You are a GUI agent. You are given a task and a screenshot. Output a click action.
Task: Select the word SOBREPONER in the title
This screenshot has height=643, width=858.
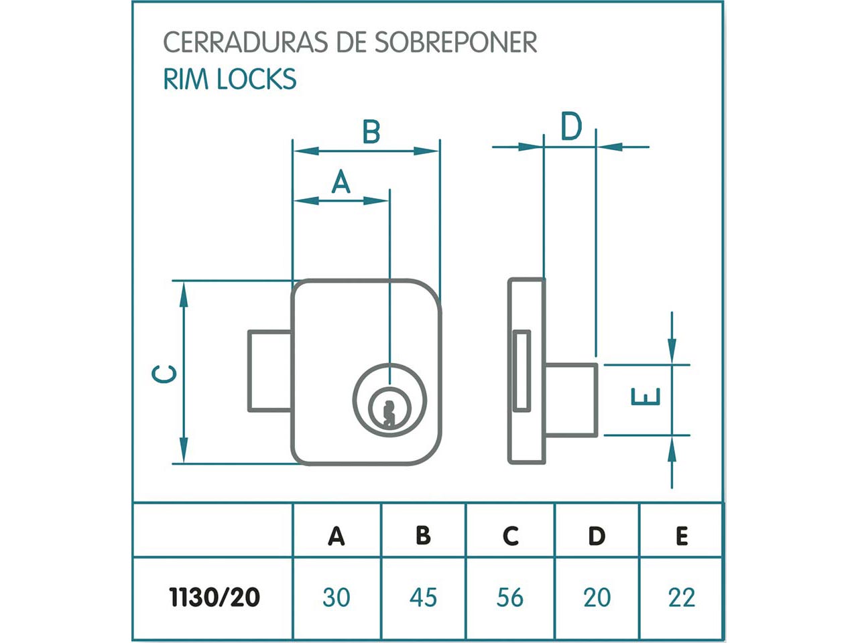[455, 42]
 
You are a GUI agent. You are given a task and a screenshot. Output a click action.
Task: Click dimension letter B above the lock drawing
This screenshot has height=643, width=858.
[371, 132]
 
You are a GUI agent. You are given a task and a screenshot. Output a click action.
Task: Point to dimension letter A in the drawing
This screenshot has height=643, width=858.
[341, 182]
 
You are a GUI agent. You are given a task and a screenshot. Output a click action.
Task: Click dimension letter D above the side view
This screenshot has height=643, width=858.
[570, 127]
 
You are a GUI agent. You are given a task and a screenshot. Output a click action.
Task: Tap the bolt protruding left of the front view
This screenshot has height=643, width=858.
[269, 370]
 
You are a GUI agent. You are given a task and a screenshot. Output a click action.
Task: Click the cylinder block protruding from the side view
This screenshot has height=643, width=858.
[570, 399]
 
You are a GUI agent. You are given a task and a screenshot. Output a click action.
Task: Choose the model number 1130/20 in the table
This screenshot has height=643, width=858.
[214, 597]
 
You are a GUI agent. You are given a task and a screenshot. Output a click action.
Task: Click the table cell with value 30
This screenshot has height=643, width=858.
[336, 597]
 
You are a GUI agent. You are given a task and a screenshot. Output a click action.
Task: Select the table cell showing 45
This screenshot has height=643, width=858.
[423, 597]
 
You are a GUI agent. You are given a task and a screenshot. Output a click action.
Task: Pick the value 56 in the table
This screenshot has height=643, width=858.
[510, 597]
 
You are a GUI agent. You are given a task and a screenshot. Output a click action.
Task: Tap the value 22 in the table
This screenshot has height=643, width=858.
[682, 597]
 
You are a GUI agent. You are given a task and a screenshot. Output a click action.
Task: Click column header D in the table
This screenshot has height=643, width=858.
[597, 536]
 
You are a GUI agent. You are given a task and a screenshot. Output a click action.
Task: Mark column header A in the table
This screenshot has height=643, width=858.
[336, 536]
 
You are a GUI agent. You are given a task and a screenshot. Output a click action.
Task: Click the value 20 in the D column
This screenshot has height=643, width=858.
[597, 597]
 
